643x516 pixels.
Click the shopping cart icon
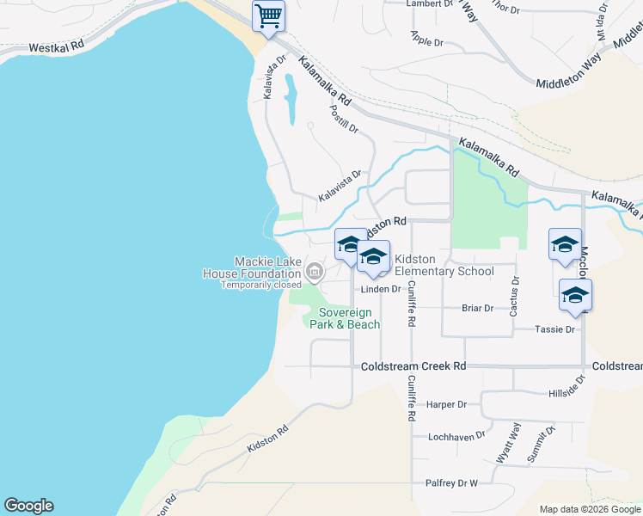coord(268,15)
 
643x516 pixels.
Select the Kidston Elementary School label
coord(444,265)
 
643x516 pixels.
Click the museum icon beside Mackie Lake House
coord(315,273)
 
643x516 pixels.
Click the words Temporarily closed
coord(261,285)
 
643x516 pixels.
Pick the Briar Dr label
coord(477,308)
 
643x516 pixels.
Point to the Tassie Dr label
coord(554,329)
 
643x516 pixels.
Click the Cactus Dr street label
coord(514,296)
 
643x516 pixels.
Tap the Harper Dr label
coord(446,404)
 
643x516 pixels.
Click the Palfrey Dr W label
coord(450,483)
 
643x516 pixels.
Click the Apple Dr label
coord(426,40)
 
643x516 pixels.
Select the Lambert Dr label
coord(429,4)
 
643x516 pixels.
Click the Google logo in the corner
coord(28,506)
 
